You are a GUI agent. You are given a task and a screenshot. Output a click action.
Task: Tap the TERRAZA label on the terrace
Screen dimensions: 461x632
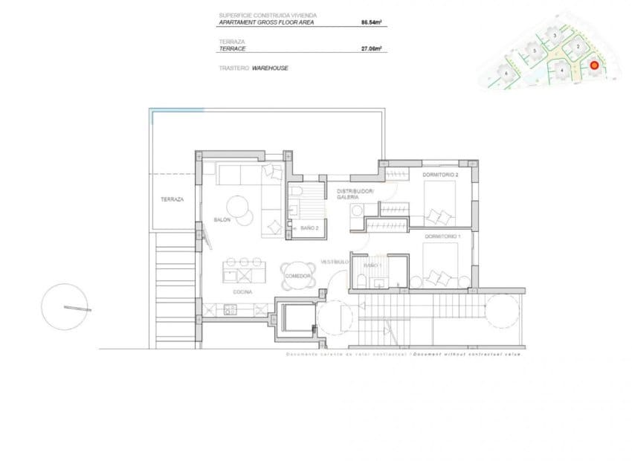tap(172, 199)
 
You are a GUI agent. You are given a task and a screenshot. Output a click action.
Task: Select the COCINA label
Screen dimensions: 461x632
tap(242, 292)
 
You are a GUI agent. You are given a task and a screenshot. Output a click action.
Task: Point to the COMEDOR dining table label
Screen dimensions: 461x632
tap(298, 276)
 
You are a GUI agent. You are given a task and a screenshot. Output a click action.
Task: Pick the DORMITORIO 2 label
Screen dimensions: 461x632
tap(441, 175)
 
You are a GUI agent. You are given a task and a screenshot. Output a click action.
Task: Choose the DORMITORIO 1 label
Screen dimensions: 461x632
tap(443, 236)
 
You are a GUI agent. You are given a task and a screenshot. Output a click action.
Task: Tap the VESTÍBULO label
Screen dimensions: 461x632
tap(335, 262)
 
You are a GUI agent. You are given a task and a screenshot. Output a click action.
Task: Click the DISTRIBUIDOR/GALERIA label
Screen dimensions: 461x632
tap(355, 194)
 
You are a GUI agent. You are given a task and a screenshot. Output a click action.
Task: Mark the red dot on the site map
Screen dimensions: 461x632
tap(594, 65)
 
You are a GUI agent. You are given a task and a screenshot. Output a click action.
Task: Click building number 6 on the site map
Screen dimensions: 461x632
tap(506, 73)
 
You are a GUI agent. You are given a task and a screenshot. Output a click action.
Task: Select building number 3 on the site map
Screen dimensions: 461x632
tap(555, 35)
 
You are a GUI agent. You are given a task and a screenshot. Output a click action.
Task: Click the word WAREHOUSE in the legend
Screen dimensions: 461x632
tap(270, 68)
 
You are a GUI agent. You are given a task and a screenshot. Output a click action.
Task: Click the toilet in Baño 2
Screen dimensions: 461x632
tap(297, 195)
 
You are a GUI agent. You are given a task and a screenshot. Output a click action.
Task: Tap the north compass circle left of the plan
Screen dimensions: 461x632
tap(66, 307)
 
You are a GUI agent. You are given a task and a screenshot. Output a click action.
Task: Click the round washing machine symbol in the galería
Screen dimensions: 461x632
tap(356, 212)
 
